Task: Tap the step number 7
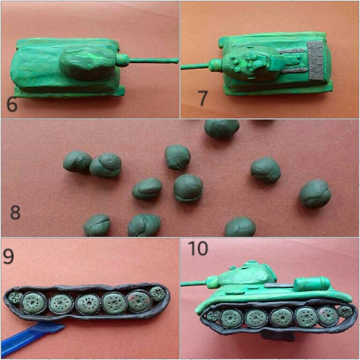click(202, 98)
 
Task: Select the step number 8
click(15, 213)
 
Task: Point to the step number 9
click(8, 256)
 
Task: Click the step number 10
click(198, 248)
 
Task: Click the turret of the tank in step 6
click(87, 63)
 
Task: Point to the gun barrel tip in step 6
click(176, 61)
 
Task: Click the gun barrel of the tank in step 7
click(195, 67)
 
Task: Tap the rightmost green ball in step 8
click(315, 193)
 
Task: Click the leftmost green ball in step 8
click(77, 161)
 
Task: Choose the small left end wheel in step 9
click(15, 297)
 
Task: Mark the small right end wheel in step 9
click(157, 293)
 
